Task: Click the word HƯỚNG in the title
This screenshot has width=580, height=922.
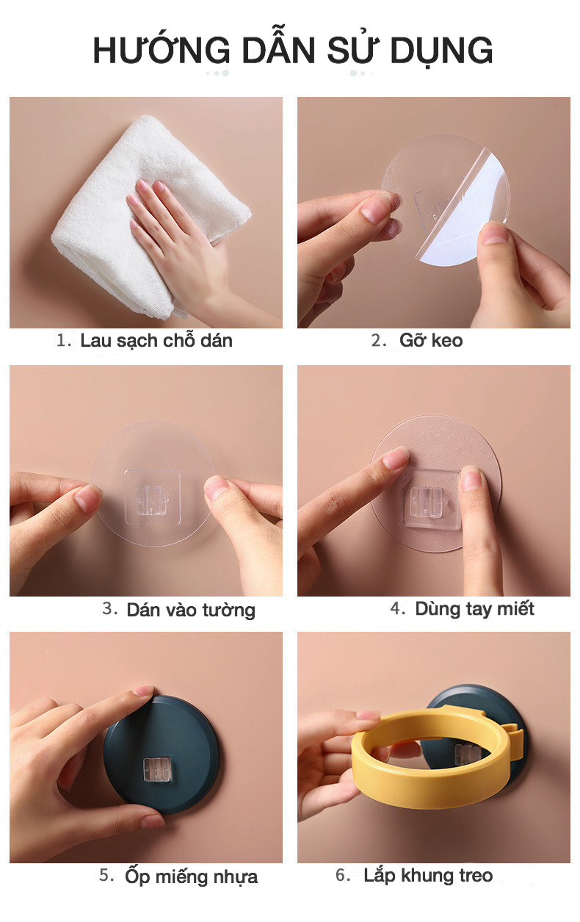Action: tap(162, 49)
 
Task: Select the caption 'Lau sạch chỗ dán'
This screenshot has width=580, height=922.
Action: tap(156, 341)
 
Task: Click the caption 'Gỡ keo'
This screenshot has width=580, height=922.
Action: tap(431, 340)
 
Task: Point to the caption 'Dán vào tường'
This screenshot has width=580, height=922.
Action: tap(191, 610)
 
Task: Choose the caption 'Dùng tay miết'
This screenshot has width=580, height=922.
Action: tap(474, 609)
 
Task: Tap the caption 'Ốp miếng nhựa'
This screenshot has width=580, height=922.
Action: tap(192, 876)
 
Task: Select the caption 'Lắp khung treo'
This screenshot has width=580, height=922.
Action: tap(428, 875)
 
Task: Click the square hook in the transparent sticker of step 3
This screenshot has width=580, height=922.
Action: tap(152, 497)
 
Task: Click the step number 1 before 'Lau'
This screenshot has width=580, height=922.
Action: tap(64, 341)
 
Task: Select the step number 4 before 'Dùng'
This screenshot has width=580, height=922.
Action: tap(397, 608)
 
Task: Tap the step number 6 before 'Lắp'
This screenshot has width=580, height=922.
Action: tap(343, 875)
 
